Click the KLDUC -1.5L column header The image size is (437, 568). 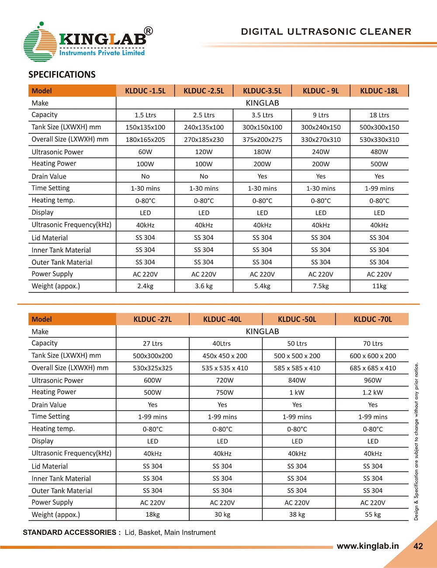tap(145, 91)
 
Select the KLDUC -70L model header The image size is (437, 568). tap(373, 319)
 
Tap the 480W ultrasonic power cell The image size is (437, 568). tap(379, 152)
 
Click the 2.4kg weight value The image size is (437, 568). tap(145, 286)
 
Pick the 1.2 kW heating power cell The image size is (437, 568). tap(373, 392)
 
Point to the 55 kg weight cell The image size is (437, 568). tap(373, 514)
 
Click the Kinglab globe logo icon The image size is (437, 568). tap(39, 44)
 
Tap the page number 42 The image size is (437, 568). tap(418, 546)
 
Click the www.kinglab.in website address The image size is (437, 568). tap(368, 546)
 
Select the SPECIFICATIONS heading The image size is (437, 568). tap(62, 75)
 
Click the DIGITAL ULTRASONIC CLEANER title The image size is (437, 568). tap(326, 32)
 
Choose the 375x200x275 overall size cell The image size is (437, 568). tap(262, 140)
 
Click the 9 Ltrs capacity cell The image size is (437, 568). tap(321, 115)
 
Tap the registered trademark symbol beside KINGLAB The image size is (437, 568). tap(149, 31)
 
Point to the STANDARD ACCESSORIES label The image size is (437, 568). tap(72, 532)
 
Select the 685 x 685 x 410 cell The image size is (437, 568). tap(373, 368)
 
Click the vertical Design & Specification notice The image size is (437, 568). tap(416, 441)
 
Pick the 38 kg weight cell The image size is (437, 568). tap(297, 514)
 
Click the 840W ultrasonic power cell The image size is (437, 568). tap(297, 380)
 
